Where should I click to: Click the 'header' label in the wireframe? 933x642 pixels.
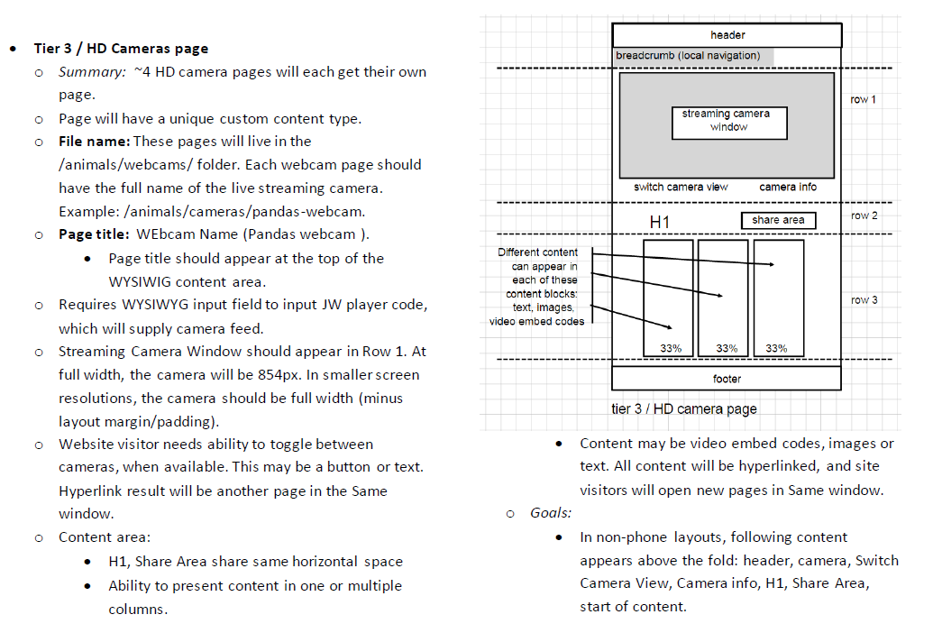(x=727, y=35)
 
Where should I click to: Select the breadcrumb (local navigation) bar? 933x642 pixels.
(x=693, y=56)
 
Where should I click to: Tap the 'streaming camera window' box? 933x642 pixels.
(x=729, y=124)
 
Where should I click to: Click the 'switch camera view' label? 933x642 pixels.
(x=680, y=187)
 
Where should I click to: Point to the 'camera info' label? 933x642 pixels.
(x=788, y=187)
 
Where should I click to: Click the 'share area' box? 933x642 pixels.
(x=778, y=220)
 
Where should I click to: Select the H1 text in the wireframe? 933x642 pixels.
(x=659, y=223)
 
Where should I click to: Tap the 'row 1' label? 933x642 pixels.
(x=863, y=99)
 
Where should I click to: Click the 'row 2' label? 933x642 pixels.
(x=864, y=216)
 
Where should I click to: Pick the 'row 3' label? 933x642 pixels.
(x=864, y=300)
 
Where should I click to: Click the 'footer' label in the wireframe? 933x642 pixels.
(x=727, y=379)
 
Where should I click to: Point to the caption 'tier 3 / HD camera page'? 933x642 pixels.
(x=683, y=409)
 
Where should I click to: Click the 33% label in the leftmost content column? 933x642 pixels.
(x=671, y=348)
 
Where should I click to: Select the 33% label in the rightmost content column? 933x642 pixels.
(x=776, y=348)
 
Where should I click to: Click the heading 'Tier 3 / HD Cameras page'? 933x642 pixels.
(x=121, y=49)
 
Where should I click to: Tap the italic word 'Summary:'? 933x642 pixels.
(x=92, y=72)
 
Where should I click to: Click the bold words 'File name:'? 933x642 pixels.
(x=94, y=142)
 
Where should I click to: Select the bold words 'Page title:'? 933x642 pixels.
(x=94, y=234)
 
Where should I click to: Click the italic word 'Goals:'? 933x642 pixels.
(x=551, y=513)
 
